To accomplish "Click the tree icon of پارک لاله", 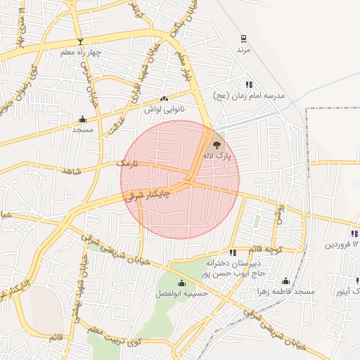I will pyautogui.click(x=216, y=143).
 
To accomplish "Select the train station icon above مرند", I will pyautogui.click(x=243, y=39).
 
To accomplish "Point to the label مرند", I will pyautogui.click(x=243, y=51).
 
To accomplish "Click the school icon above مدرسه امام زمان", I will pyautogui.click(x=248, y=84).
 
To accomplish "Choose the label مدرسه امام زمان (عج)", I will pyautogui.click(x=250, y=96).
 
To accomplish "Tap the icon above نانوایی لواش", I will pyautogui.click(x=164, y=99).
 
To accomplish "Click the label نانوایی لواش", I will pyautogui.click(x=163, y=110).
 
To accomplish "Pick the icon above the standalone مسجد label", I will pyautogui.click(x=83, y=118).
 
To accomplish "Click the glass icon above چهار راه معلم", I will pyautogui.click(x=80, y=41).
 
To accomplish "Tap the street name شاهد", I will pyautogui.click(x=72, y=171).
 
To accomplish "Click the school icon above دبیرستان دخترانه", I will pyautogui.click(x=232, y=252).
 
